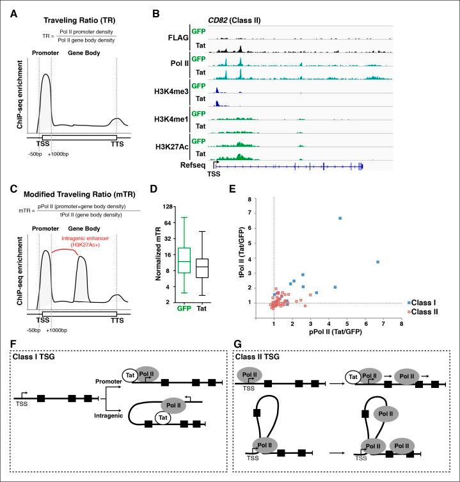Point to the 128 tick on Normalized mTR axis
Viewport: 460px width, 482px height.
coord(151,207)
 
